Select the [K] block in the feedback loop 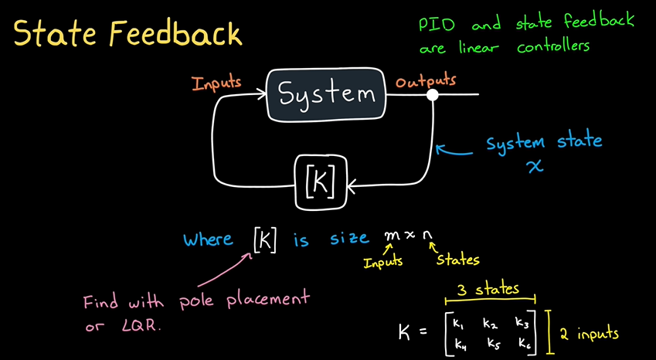point(321,182)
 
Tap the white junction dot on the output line point(433,95)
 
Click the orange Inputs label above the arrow point(218,81)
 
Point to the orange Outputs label point(426,80)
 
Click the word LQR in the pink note point(140,326)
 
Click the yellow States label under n point(457,261)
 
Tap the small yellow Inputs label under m point(382,262)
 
